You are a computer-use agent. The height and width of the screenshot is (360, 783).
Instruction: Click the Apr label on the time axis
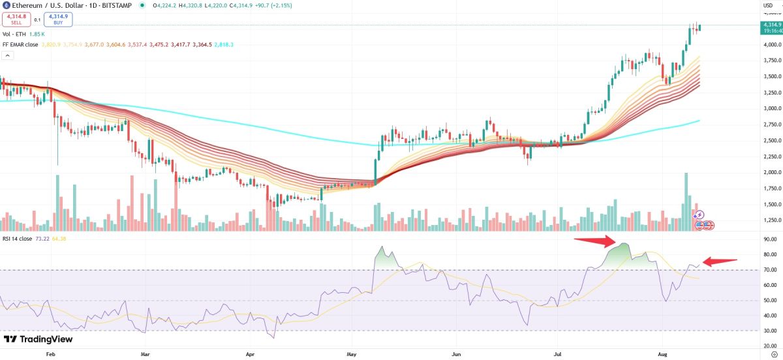pos(249,355)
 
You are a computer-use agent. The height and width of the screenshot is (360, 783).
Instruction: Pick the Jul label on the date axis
pos(557,355)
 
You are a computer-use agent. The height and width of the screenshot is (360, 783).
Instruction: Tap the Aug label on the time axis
pos(663,355)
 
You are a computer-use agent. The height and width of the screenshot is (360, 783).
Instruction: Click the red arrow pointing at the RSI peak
pos(595,242)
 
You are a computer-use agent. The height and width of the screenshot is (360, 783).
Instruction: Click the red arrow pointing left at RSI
pos(720,262)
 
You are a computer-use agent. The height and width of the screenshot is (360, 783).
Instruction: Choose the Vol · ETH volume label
pos(15,34)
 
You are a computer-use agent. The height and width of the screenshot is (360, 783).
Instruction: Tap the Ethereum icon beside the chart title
pos(5,6)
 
